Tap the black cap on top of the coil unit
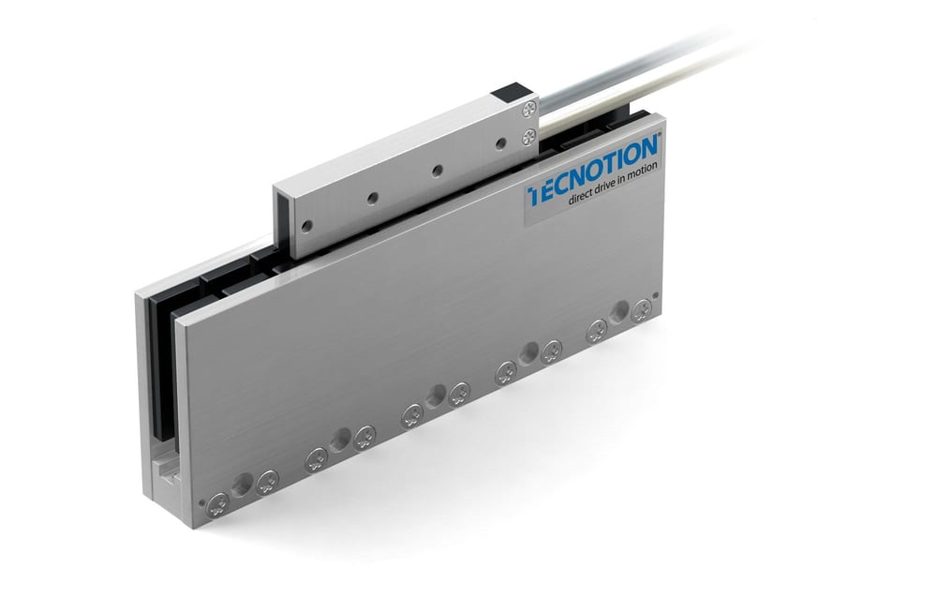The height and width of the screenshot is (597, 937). pyautogui.click(x=509, y=92)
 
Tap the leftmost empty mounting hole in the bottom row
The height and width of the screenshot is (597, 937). pyautogui.click(x=243, y=485)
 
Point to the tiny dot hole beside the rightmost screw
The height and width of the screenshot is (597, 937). pyautogui.click(x=655, y=298)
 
